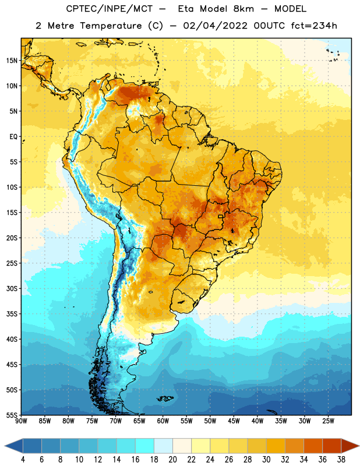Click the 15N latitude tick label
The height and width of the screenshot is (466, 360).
point(12,61)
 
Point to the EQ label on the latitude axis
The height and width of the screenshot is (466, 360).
point(13,137)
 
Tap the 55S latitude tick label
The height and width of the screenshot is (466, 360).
point(12,415)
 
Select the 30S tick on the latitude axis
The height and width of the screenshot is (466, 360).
point(12,288)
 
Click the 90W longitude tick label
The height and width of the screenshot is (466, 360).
point(21,421)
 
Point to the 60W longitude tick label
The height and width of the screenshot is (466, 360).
point(163,421)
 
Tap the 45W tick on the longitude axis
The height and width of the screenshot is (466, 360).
point(234,421)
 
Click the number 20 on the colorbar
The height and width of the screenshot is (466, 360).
point(172,460)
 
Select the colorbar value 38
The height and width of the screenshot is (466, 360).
point(341,460)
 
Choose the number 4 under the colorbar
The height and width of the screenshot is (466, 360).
point(23,460)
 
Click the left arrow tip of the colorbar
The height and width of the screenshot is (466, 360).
point(5,446)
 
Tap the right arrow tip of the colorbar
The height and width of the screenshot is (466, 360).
point(359,446)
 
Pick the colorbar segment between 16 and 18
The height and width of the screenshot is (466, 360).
point(144,446)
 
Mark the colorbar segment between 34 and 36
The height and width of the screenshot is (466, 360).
point(313,446)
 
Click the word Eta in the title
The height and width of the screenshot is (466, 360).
point(185,9)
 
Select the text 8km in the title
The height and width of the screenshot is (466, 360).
point(243,9)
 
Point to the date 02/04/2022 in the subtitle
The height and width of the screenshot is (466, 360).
point(215,26)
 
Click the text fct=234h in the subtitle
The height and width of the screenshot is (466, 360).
point(314,26)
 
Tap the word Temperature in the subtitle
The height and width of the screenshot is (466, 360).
point(111,26)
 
